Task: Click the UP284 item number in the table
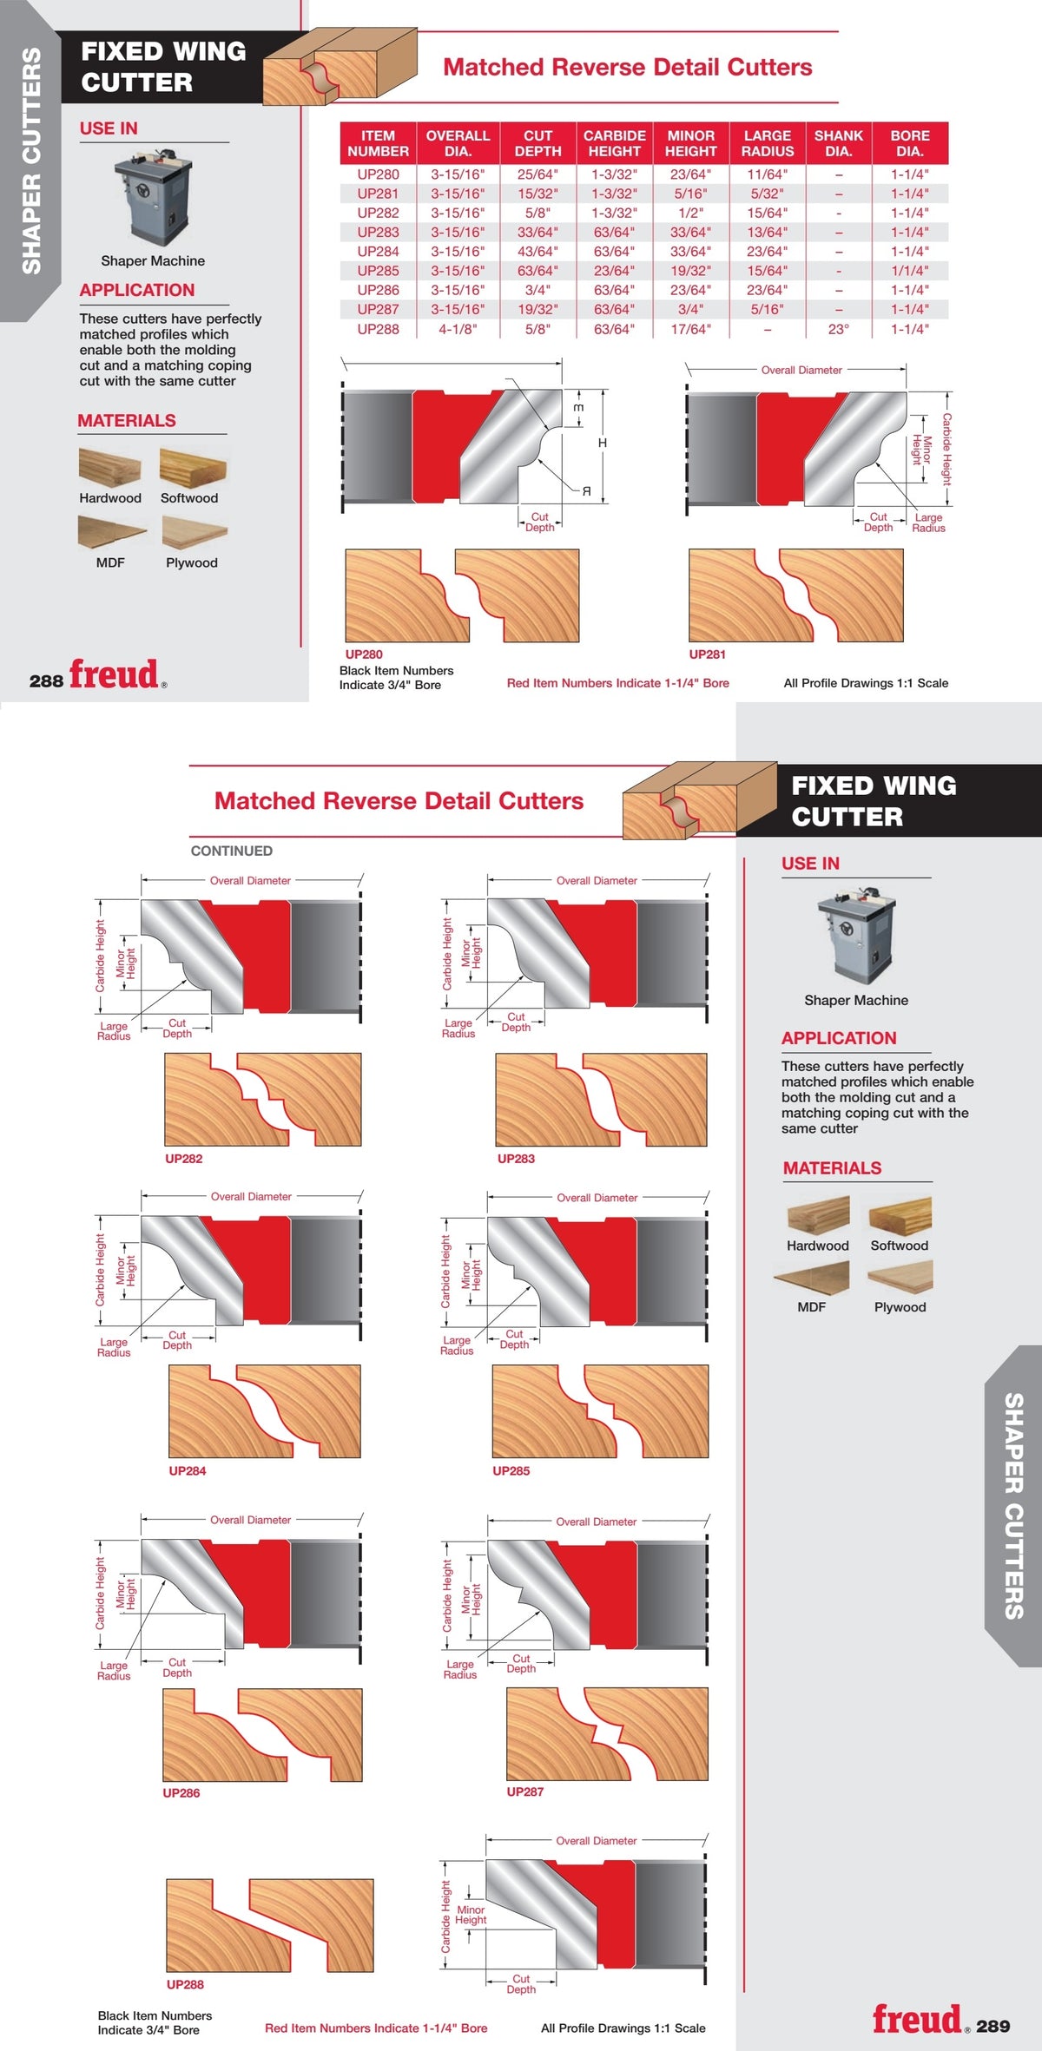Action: [378, 252]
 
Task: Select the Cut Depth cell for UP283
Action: [537, 233]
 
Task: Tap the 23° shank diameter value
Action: [838, 329]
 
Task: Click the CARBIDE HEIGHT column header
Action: [614, 143]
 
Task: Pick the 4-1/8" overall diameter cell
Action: [458, 329]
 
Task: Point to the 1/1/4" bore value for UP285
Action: [909, 271]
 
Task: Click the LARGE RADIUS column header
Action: [767, 143]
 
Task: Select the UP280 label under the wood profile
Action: [364, 654]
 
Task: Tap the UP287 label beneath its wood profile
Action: [525, 1791]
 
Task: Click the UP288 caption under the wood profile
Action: [185, 1984]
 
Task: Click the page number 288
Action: [46, 681]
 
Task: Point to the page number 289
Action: [993, 2026]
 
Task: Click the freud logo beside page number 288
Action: [115, 674]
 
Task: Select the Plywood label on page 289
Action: [900, 1307]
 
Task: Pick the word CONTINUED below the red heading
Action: [232, 851]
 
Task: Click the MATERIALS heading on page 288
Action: [127, 421]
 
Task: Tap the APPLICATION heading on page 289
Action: [839, 1038]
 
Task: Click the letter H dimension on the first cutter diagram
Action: [603, 443]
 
